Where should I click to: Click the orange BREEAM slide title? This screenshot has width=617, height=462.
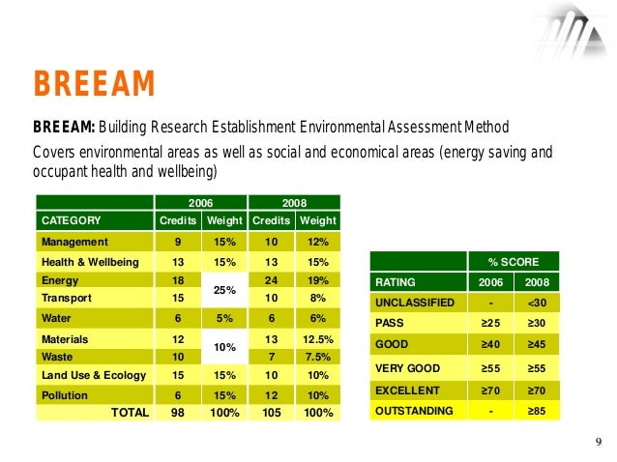click(x=94, y=86)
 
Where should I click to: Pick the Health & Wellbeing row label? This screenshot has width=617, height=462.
click(x=90, y=262)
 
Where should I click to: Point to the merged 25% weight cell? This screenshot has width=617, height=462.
click(x=224, y=289)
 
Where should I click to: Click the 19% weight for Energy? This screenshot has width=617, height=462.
click(x=318, y=279)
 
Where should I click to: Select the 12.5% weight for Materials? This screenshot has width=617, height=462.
click(x=318, y=339)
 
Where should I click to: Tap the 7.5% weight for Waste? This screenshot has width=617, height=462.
click(x=318, y=356)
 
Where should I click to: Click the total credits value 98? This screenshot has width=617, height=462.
click(x=177, y=413)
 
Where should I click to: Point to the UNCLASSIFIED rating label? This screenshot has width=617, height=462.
click(x=415, y=303)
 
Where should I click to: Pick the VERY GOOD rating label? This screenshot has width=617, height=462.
click(x=408, y=368)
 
